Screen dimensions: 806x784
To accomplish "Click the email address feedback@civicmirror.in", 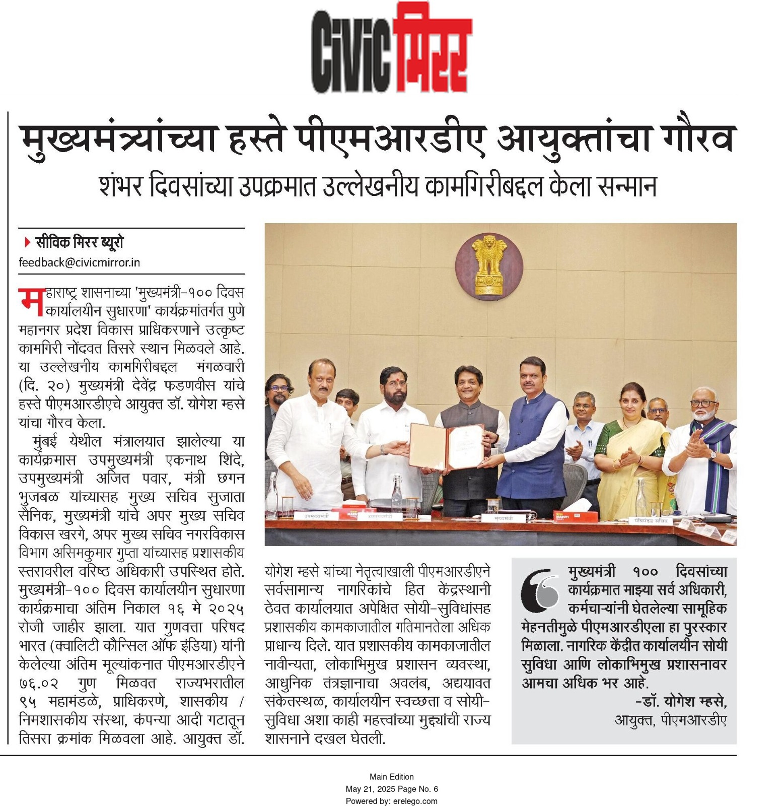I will [80, 262].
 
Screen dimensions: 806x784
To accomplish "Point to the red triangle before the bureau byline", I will [27, 243].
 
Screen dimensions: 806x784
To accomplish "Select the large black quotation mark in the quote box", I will [540, 589].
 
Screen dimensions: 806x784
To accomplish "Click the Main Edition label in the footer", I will [391, 777].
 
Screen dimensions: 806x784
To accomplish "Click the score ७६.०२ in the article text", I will [39, 684].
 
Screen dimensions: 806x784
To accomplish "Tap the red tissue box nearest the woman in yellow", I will [576, 516].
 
